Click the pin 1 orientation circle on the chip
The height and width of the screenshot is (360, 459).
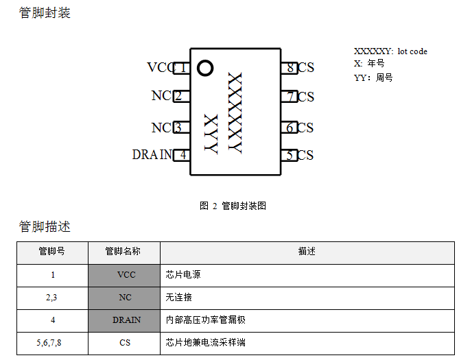[204, 68]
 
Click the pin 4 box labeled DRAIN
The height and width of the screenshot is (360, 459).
[182, 155]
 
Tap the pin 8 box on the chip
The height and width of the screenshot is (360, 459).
[289, 67]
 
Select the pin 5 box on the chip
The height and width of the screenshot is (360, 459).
[289, 155]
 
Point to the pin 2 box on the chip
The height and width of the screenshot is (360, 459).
[180, 96]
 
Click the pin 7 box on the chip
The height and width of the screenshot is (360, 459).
[289, 97]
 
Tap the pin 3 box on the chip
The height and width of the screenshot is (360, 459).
[180, 128]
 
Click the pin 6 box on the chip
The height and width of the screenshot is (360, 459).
[289, 128]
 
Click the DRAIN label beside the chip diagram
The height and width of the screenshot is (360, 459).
[152, 155]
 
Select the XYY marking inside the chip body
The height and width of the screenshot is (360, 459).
[211, 134]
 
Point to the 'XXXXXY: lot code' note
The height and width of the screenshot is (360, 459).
[390, 51]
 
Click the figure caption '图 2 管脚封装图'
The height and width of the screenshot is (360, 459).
[233, 206]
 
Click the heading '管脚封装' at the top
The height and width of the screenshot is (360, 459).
[45, 13]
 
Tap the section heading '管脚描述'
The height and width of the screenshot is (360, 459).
[45, 226]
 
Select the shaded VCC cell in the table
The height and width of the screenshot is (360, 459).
[124, 274]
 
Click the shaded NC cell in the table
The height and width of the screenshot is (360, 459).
[124, 298]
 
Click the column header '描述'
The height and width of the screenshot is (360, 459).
[307, 252]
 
